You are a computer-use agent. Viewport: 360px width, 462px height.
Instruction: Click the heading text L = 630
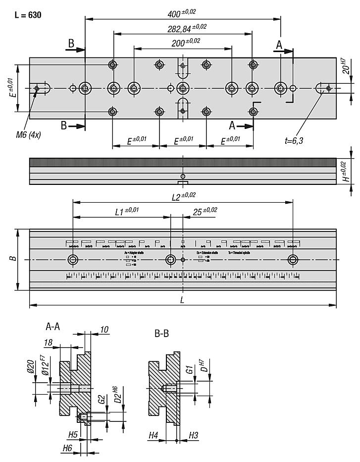click(28, 15)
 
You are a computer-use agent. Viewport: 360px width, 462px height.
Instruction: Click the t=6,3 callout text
click(294, 141)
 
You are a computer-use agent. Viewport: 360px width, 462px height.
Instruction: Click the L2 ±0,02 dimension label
click(183, 196)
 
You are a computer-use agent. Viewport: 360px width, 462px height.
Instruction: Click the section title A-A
click(53, 327)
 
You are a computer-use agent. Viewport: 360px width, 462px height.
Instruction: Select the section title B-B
click(161, 334)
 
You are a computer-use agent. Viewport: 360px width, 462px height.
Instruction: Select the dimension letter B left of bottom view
click(14, 258)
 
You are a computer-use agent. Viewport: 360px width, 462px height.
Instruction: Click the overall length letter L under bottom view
click(182, 300)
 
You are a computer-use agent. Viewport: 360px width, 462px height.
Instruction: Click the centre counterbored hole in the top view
click(183, 89)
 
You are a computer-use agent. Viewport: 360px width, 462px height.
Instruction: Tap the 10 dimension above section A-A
click(103, 330)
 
